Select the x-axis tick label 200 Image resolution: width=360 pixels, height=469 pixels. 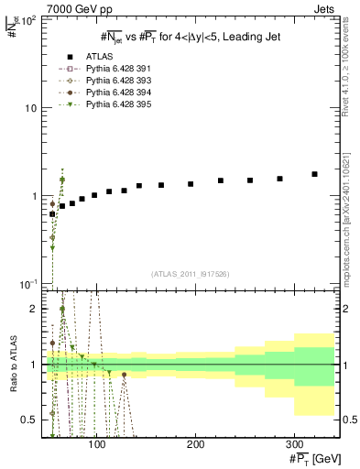pos(196,442)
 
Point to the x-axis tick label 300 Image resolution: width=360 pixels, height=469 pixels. pos(294,442)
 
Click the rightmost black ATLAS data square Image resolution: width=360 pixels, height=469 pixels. pos(314,174)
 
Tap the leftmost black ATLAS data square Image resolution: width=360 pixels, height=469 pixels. pos(53,213)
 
